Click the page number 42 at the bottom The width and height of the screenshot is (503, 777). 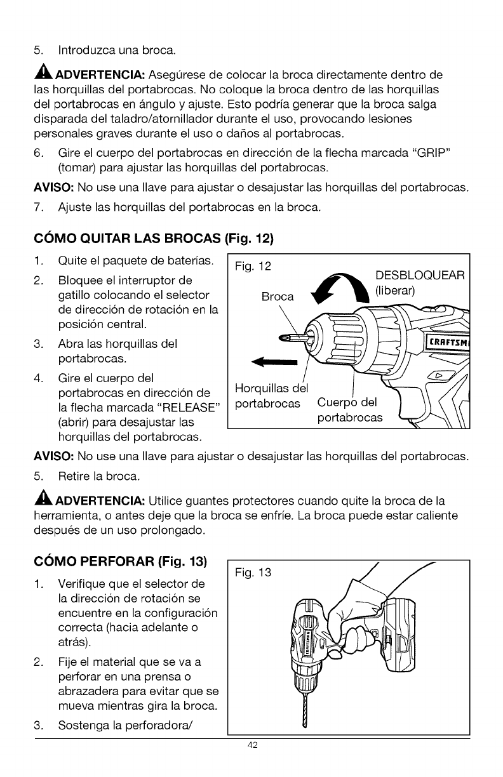[x=252, y=745]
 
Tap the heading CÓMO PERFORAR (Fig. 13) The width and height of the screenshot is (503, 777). [x=121, y=561]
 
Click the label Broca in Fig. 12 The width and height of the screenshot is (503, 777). [x=278, y=296]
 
